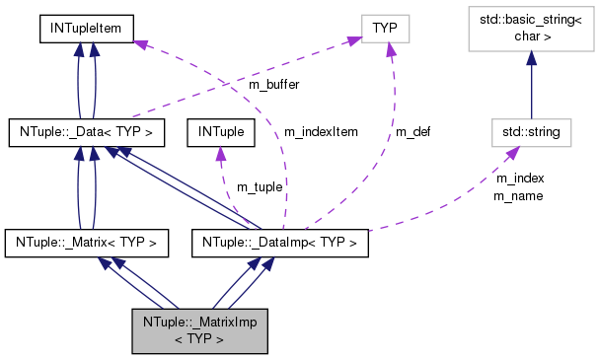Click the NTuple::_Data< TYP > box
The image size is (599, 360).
[x=85, y=130]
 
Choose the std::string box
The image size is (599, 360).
[x=532, y=130]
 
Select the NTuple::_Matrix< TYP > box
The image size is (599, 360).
[x=87, y=241]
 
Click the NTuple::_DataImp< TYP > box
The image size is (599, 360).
[x=279, y=241]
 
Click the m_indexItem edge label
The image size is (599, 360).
[x=321, y=130]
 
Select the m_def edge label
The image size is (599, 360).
[x=412, y=130]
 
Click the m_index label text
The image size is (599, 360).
[x=519, y=179]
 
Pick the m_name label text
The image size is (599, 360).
[x=519, y=195]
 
